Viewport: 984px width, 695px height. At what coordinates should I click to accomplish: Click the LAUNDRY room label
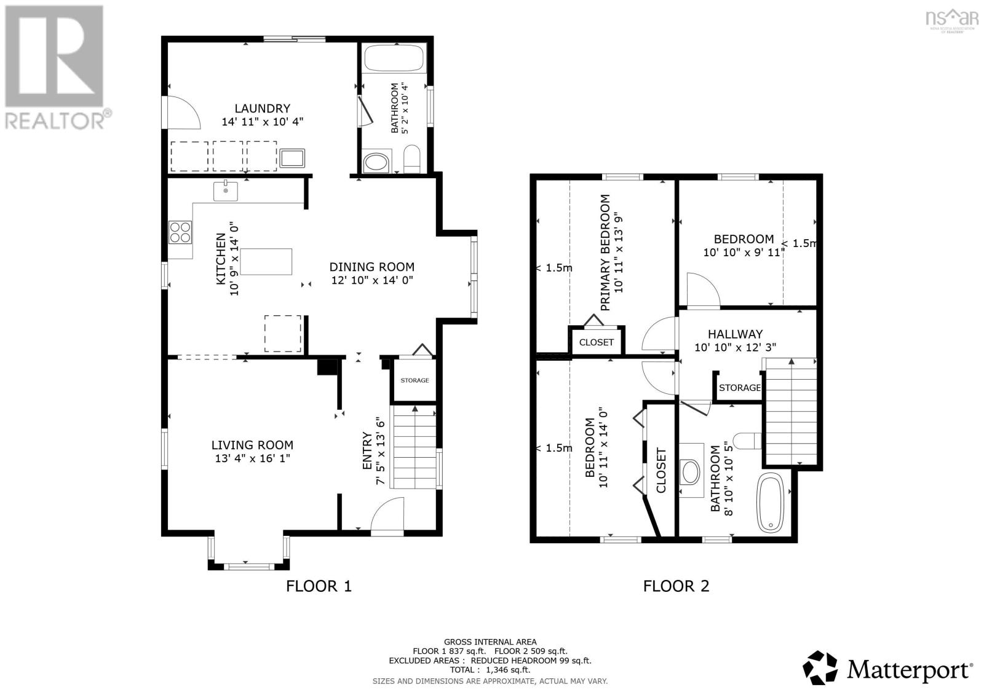262,108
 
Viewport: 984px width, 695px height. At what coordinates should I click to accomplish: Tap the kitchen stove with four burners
180,232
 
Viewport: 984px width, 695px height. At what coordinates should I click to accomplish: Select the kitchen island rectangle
266,262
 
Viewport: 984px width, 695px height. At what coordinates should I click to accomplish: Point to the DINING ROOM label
371,267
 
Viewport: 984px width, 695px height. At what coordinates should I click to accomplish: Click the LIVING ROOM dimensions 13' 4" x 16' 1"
252,458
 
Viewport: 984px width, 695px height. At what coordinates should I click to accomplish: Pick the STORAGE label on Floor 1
415,380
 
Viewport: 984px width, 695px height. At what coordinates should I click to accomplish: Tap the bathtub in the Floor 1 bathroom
394,58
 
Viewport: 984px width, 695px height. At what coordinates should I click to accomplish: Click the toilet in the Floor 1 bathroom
411,159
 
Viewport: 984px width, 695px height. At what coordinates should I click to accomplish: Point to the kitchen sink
225,191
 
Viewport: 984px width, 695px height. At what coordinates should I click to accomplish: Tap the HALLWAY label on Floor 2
735,334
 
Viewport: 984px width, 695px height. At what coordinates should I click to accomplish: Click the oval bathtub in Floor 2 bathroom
770,503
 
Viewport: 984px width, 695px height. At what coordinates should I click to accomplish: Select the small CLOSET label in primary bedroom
596,342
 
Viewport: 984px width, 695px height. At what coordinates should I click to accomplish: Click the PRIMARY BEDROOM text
605,253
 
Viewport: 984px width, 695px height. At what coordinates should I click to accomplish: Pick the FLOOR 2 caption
676,586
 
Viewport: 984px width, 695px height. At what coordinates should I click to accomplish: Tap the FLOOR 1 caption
319,586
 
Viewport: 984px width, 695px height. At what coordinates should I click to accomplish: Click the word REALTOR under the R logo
55,120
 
